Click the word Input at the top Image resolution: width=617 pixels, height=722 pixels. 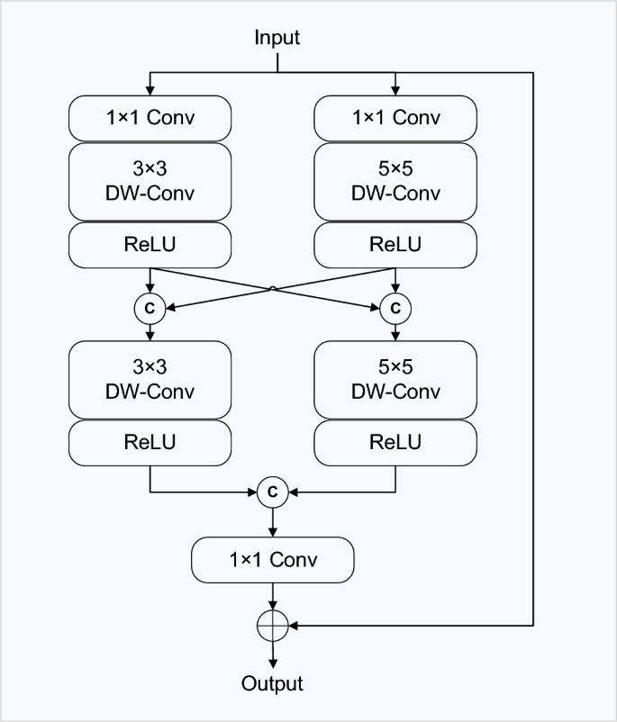pos(277,38)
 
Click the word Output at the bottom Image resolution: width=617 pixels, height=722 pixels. pos(272,683)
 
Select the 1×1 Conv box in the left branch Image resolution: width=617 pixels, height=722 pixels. pos(150,117)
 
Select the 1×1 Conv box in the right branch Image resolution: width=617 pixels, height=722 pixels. pos(395,117)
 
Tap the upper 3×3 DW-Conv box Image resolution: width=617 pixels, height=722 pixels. pos(150,183)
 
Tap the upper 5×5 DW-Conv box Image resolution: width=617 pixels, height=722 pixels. pos(395,183)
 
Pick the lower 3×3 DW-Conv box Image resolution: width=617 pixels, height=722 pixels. pos(150,381)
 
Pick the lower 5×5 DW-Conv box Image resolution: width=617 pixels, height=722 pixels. pos(395,381)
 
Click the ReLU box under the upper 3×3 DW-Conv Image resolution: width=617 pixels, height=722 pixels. pos(150,245)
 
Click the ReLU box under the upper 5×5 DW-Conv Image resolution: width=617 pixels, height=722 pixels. pos(395,245)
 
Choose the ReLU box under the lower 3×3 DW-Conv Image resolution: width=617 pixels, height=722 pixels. pos(150,442)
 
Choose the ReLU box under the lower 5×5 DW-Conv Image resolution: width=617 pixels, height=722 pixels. pos(395,442)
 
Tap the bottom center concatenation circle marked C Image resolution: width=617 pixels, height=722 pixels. pos(272,492)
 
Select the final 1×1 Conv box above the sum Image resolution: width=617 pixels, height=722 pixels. pos(272,559)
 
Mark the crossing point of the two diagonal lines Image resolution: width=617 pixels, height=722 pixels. pos(272,288)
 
